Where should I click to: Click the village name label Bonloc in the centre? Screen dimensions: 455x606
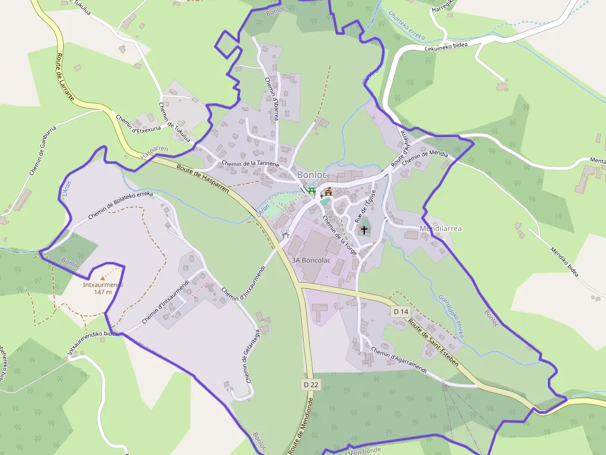312,175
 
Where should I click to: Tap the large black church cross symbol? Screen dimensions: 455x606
364,230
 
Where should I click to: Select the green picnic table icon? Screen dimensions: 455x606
311,191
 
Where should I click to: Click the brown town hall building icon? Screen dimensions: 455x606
328,191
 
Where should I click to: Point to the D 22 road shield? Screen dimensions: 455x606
312,384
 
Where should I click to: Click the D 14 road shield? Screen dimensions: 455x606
401,312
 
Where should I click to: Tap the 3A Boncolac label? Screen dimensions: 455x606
311,260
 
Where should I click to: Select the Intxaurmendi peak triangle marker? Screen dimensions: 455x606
103,278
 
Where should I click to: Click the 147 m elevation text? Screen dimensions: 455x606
103,292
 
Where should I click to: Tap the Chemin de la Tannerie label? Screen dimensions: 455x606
250,164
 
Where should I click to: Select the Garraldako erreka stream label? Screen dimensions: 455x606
451,315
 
